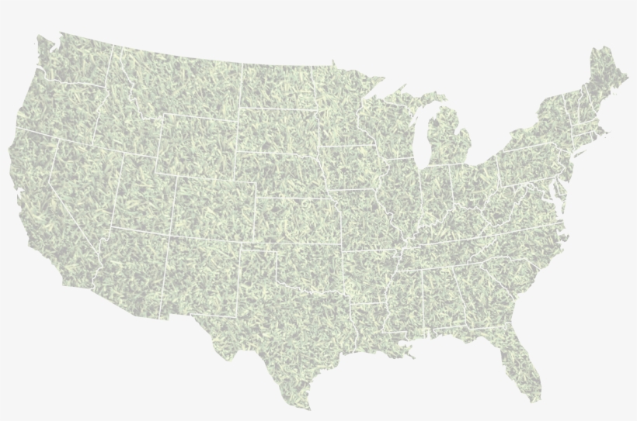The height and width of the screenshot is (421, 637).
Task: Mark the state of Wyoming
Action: coord(198,143)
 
